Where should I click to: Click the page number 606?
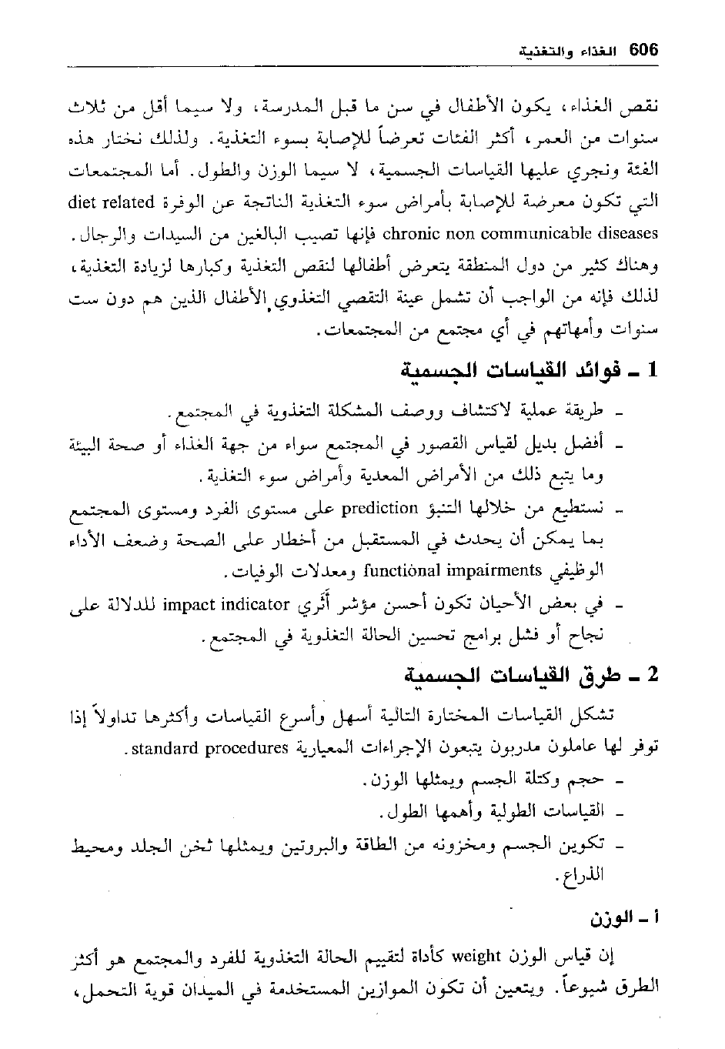tap(643, 52)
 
